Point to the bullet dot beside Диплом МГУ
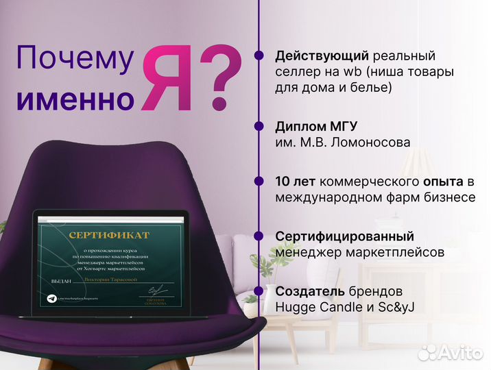[259, 127]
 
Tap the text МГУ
[341, 127]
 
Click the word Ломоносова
[374, 143]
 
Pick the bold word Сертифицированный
[344, 236]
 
